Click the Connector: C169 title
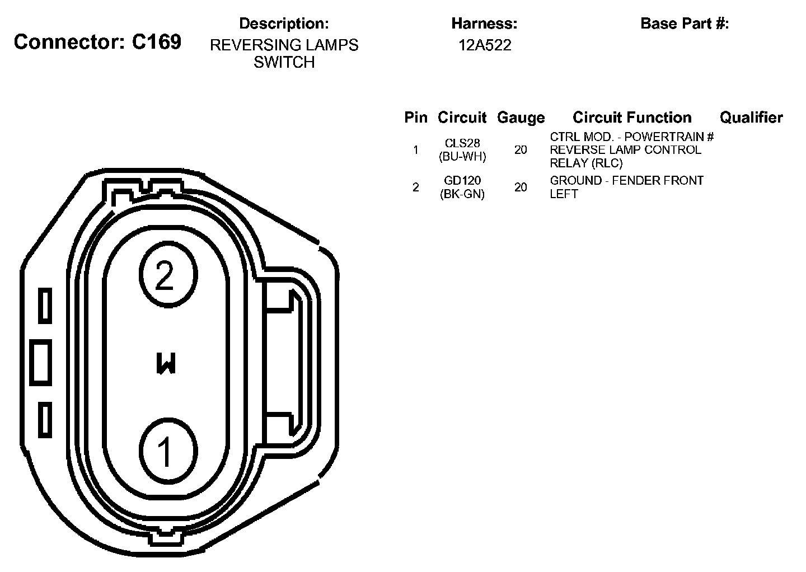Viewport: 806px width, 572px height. [97, 42]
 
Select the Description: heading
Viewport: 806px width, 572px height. [284, 24]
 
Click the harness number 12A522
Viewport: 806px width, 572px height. [484, 45]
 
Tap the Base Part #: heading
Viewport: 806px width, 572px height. [685, 24]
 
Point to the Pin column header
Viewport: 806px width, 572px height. [415, 118]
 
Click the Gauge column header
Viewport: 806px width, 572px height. [521, 118]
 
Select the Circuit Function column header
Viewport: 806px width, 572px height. [632, 118]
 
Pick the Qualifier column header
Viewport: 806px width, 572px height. [751, 118]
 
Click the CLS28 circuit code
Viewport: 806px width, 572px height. [462, 143]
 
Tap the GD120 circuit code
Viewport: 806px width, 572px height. [462, 180]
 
